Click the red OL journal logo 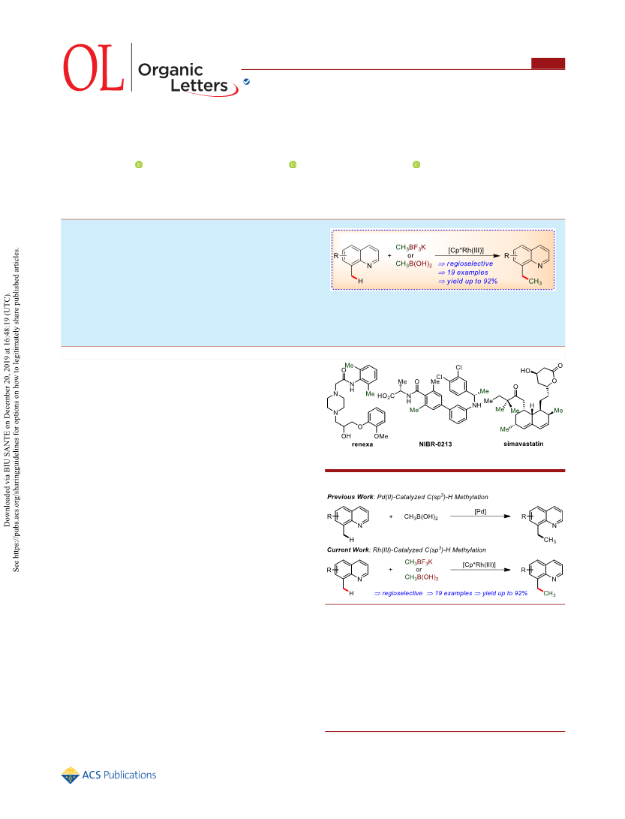94,68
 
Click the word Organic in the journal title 170,70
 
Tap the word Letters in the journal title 199,86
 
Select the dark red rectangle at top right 548,63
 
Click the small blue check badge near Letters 246,82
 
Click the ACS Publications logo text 119,775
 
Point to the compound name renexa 362,444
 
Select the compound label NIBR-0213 435,444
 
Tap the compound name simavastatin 523,444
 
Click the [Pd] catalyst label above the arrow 480,511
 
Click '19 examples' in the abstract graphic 467,272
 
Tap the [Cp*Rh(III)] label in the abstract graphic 466,250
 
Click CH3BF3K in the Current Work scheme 419,562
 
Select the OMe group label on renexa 381,436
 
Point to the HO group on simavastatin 525,370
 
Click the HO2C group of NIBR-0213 386,396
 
